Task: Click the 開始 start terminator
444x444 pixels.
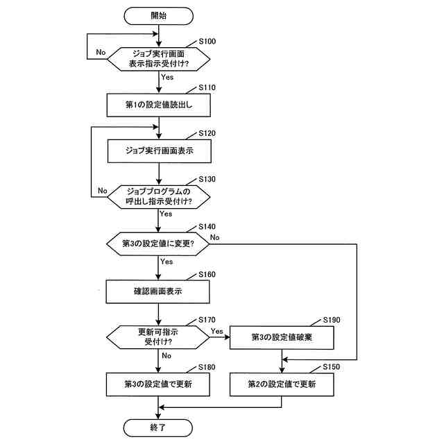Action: click(x=159, y=16)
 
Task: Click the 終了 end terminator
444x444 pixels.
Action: click(x=158, y=427)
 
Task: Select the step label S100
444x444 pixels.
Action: click(x=207, y=42)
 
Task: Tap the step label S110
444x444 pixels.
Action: click(x=207, y=87)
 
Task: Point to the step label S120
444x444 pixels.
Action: click(x=207, y=133)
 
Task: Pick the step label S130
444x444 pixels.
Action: click(x=207, y=179)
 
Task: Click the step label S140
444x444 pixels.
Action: click(x=207, y=227)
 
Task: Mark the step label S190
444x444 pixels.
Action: click(x=332, y=320)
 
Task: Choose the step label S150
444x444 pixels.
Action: click(x=332, y=367)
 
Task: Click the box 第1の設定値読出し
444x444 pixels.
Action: click(x=159, y=105)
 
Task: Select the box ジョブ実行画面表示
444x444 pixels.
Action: click(x=160, y=151)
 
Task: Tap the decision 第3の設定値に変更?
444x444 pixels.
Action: click(x=158, y=244)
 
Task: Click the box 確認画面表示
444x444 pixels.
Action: click(x=158, y=291)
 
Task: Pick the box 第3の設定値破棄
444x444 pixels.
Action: click(x=282, y=338)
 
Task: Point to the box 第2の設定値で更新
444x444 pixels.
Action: click(x=282, y=384)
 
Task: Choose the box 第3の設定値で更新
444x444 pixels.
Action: click(x=158, y=384)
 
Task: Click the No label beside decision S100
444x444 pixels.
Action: click(x=101, y=53)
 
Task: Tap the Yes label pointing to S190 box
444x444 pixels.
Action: click(x=217, y=331)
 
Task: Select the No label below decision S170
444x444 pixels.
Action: click(x=166, y=356)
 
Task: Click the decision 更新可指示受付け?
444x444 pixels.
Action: click(x=158, y=337)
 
